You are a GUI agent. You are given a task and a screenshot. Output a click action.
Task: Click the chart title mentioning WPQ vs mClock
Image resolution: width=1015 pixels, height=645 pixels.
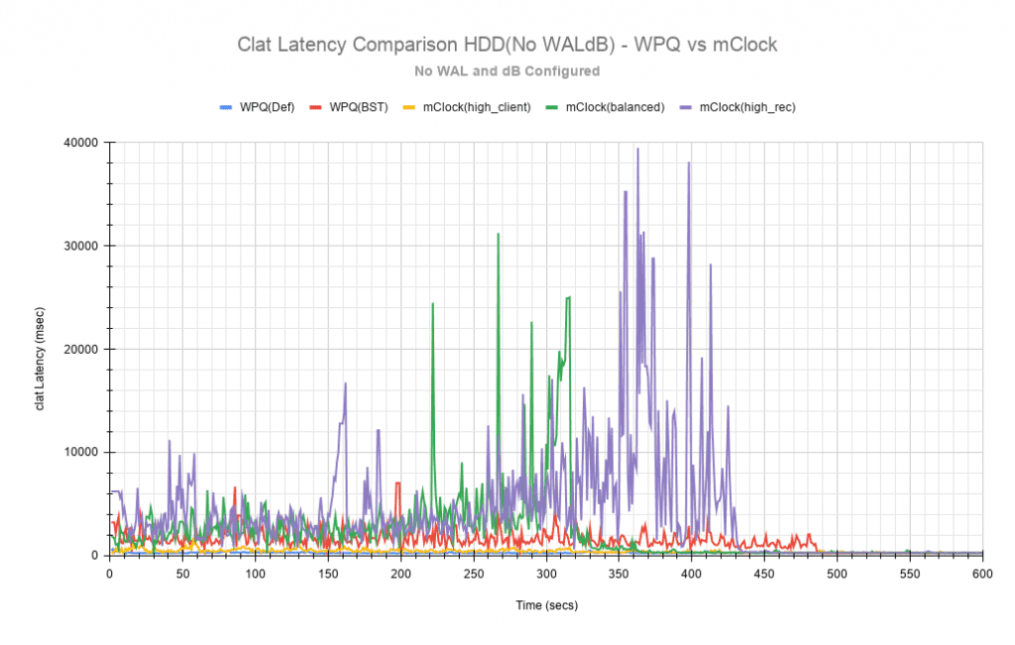507,45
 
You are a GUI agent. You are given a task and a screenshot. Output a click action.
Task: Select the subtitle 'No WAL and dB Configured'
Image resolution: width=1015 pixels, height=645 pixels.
507,71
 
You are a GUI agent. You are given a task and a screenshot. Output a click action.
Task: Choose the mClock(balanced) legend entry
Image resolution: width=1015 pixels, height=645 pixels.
608,106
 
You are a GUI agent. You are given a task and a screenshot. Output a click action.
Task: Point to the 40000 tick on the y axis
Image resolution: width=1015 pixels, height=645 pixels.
79,143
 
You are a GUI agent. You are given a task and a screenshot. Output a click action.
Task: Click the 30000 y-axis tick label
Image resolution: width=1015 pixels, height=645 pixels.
79,246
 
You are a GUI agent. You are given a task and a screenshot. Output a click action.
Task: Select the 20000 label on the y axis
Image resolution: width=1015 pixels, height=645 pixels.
79,349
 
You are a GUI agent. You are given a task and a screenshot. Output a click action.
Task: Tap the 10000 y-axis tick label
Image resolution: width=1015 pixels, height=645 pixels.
79,452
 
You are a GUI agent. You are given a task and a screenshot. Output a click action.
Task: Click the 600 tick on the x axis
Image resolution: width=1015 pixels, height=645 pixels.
982,573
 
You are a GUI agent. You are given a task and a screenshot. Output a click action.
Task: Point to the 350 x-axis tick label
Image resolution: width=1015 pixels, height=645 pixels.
619,573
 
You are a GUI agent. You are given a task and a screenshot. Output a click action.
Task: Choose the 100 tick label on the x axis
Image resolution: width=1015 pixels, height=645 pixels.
255,573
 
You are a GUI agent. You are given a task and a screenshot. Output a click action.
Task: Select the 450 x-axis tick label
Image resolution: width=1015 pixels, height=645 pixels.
764,573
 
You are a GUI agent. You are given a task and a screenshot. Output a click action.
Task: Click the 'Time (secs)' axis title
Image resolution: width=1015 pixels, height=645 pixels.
545,604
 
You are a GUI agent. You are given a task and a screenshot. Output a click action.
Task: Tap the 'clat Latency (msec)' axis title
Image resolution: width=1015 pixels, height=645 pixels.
41,349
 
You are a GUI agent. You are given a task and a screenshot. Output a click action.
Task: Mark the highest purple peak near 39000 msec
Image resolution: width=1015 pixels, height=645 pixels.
637,150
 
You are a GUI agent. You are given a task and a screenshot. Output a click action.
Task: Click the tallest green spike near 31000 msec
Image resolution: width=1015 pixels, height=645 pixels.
498,234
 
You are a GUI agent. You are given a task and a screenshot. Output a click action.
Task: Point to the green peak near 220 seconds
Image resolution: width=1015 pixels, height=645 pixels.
432,304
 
